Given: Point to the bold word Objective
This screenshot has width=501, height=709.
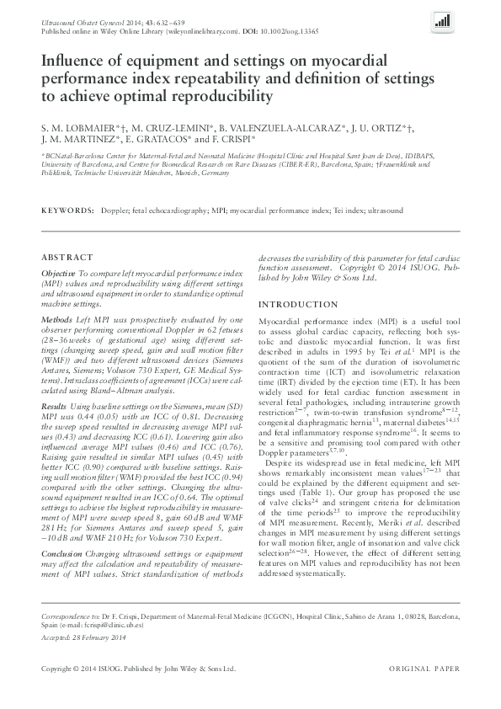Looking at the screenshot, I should pyautogui.click(x=58, y=275).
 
